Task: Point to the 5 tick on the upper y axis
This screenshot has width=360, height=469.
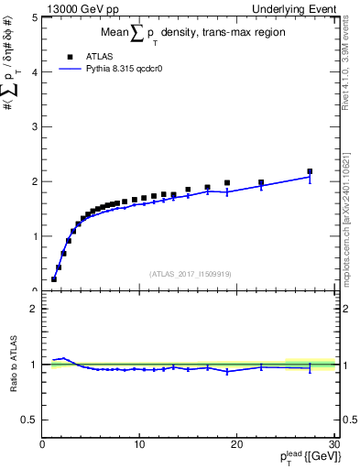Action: coord(34,17)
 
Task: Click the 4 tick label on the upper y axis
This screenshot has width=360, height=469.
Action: coord(34,72)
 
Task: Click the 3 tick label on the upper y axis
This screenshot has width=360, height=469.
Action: coord(34,126)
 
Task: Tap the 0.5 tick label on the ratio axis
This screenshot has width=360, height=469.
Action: coord(29,420)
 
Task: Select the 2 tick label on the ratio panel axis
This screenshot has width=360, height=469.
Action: coord(34,309)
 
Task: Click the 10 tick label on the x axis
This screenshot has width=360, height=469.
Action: coord(139,445)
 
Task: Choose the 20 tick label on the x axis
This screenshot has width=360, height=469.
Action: coord(236,445)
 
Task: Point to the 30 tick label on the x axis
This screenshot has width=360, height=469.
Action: coord(333,445)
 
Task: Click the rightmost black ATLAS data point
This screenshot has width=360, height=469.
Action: coord(310,171)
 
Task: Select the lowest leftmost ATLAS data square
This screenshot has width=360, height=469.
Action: coord(54,279)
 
